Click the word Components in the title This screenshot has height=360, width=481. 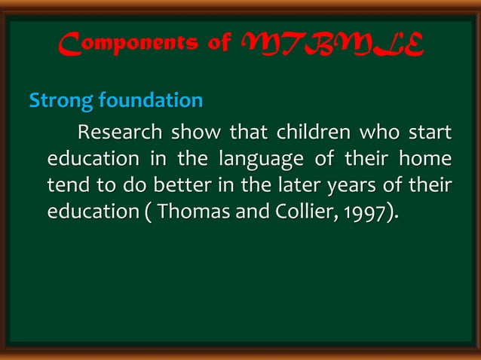[125, 47]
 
